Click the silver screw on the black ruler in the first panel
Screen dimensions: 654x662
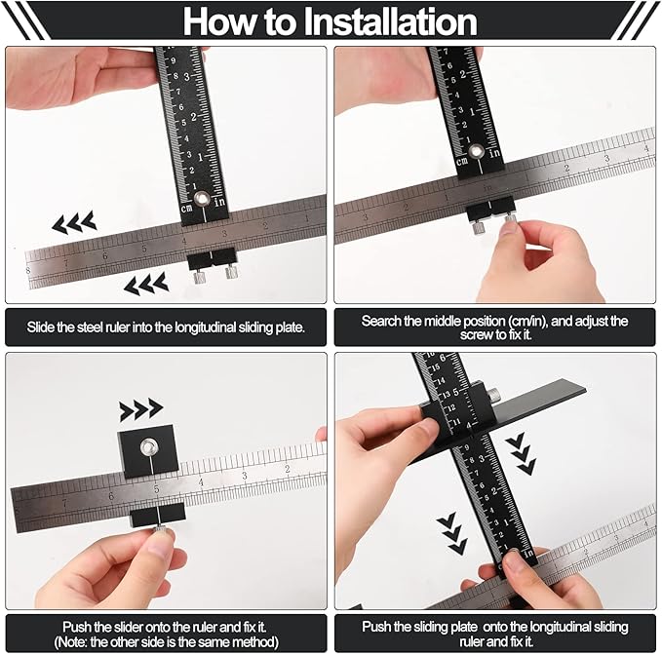coord(202,198)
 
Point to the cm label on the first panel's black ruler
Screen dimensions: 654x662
coord(187,208)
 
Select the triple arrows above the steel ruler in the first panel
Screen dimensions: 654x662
coord(74,223)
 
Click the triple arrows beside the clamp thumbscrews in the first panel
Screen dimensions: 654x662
coord(145,284)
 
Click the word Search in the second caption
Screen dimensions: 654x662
coord(382,321)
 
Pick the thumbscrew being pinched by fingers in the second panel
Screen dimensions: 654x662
coord(508,226)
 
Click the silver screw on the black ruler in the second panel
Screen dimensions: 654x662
coord(476,151)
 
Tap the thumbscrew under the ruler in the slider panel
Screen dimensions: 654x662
coord(157,529)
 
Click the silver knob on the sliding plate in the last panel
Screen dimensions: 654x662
coord(494,395)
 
